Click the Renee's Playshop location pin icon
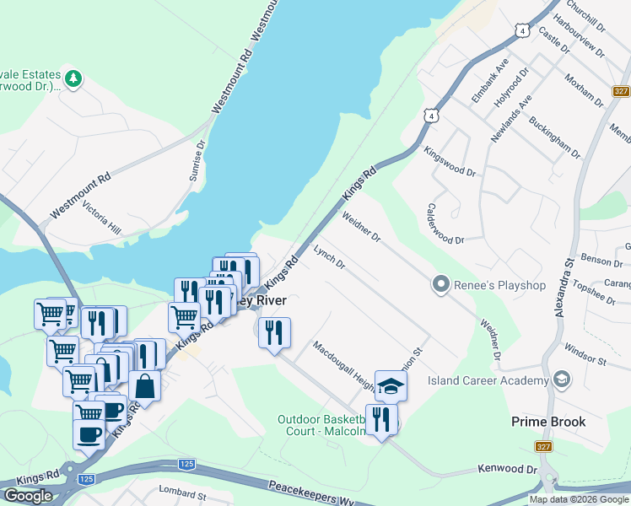coord(439,285)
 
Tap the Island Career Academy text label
coord(487,380)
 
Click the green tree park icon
coord(74,79)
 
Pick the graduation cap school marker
coord(391,386)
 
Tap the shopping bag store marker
coord(145,385)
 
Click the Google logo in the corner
coord(28,496)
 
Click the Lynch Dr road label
coord(329,258)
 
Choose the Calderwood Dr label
coord(445,223)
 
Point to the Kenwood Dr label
coord(507,468)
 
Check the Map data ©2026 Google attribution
coord(578,499)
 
